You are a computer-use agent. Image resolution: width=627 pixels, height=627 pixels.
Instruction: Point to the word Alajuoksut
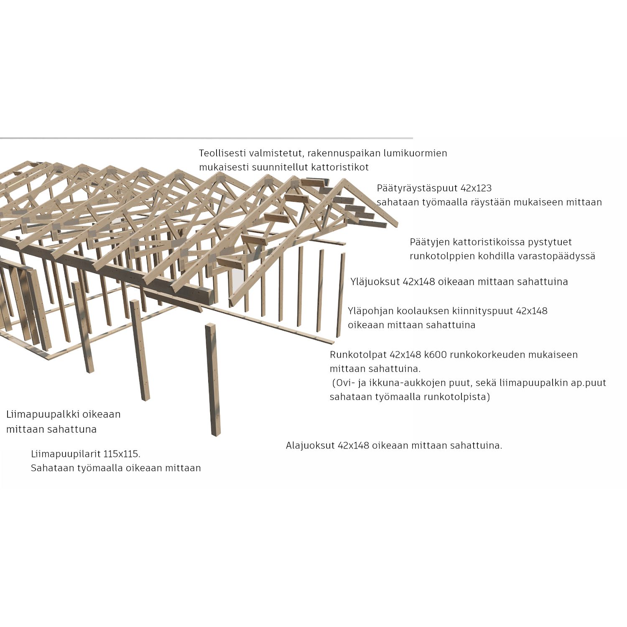pos(310,446)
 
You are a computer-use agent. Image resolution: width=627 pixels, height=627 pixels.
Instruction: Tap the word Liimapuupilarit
pos(66,454)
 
